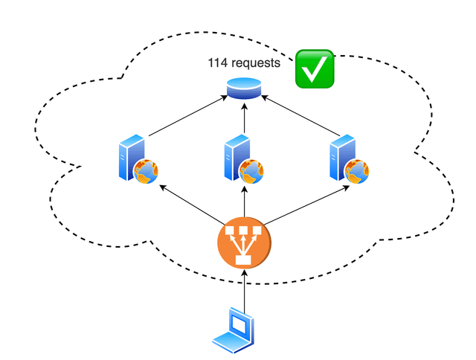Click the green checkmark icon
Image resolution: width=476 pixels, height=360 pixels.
[315, 69]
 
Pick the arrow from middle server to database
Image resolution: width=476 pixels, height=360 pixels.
[244, 119]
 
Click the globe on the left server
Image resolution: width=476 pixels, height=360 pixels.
[147, 172]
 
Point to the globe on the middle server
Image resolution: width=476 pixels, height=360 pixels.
[253, 172]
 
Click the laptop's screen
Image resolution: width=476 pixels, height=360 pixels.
[239, 325]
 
